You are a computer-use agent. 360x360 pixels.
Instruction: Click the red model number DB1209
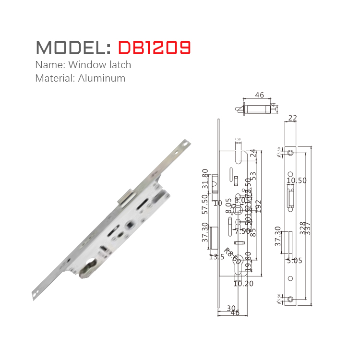pyautogui.click(x=154, y=48)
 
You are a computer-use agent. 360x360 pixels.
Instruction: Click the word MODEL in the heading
pyautogui.click(x=72, y=48)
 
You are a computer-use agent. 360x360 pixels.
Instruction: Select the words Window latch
pyautogui.click(x=99, y=64)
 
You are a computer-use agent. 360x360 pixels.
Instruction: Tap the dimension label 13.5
pyautogui.click(x=216, y=257)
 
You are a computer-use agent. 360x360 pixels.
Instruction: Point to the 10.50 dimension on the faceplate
pyautogui.click(x=296, y=180)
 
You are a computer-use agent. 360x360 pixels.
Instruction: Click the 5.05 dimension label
pyautogui.click(x=294, y=261)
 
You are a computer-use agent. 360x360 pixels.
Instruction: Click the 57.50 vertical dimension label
pyautogui.click(x=205, y=204)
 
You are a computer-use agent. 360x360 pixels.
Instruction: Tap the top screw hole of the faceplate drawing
pyautogui.click(x=291, y=153)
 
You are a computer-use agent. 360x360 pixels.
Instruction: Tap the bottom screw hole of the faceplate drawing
pyautogui.click(x=291, y=300)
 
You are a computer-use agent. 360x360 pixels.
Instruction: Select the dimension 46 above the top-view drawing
pyautogui.click(x=260, y=95)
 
